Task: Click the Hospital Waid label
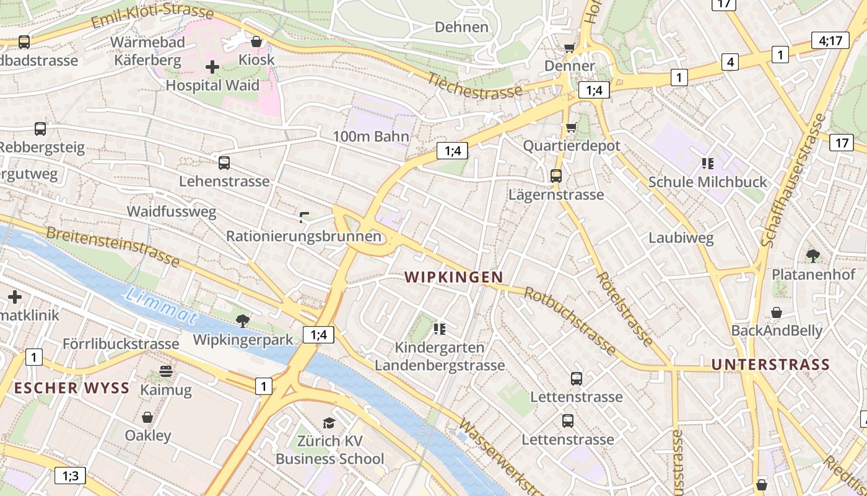(212, 86)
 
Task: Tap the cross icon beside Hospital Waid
(212, 67)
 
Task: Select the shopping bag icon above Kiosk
(256, 42)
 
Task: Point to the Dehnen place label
(461, 27)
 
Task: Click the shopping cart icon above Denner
(569, 48)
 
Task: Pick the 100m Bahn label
(371, 136)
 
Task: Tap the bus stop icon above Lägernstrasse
(556, 176)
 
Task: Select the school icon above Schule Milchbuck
(707, 164)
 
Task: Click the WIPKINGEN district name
(454, 277)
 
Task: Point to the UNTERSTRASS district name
(770, 365)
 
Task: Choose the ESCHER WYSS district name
(72, 389)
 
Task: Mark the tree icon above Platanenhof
(813, 255)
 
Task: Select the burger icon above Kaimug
(166, 371)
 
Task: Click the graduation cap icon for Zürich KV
(329, 423)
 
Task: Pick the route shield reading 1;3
(70, 476)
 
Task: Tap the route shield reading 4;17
(830, 41)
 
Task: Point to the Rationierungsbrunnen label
(303, 236)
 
